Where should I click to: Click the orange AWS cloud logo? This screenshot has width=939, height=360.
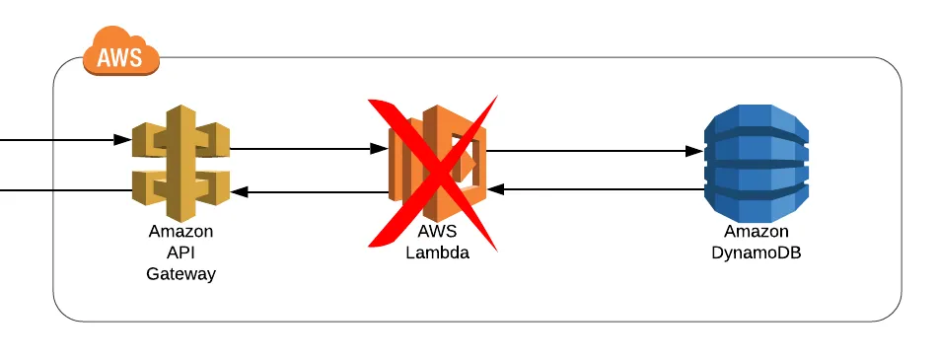coord(121,52)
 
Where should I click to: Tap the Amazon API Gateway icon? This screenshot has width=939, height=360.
coord(181,164)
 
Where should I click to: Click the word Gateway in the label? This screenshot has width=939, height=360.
coord(181,274)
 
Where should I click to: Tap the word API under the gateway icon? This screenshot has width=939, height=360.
coord(181,253)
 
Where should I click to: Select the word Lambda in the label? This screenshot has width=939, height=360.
coord(437,252)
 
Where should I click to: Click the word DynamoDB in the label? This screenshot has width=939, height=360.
coord(756,252)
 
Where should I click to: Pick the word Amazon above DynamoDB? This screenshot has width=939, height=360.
coord(756,232)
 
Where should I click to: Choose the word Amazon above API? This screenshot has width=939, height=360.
coord(181,233)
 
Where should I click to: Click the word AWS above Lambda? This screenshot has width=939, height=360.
coord(437,232)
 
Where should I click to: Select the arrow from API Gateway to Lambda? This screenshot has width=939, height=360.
coord(306,150)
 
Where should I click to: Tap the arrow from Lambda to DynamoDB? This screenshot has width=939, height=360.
coord(592,152)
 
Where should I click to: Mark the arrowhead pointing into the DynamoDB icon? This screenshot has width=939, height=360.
coord(694,152)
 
